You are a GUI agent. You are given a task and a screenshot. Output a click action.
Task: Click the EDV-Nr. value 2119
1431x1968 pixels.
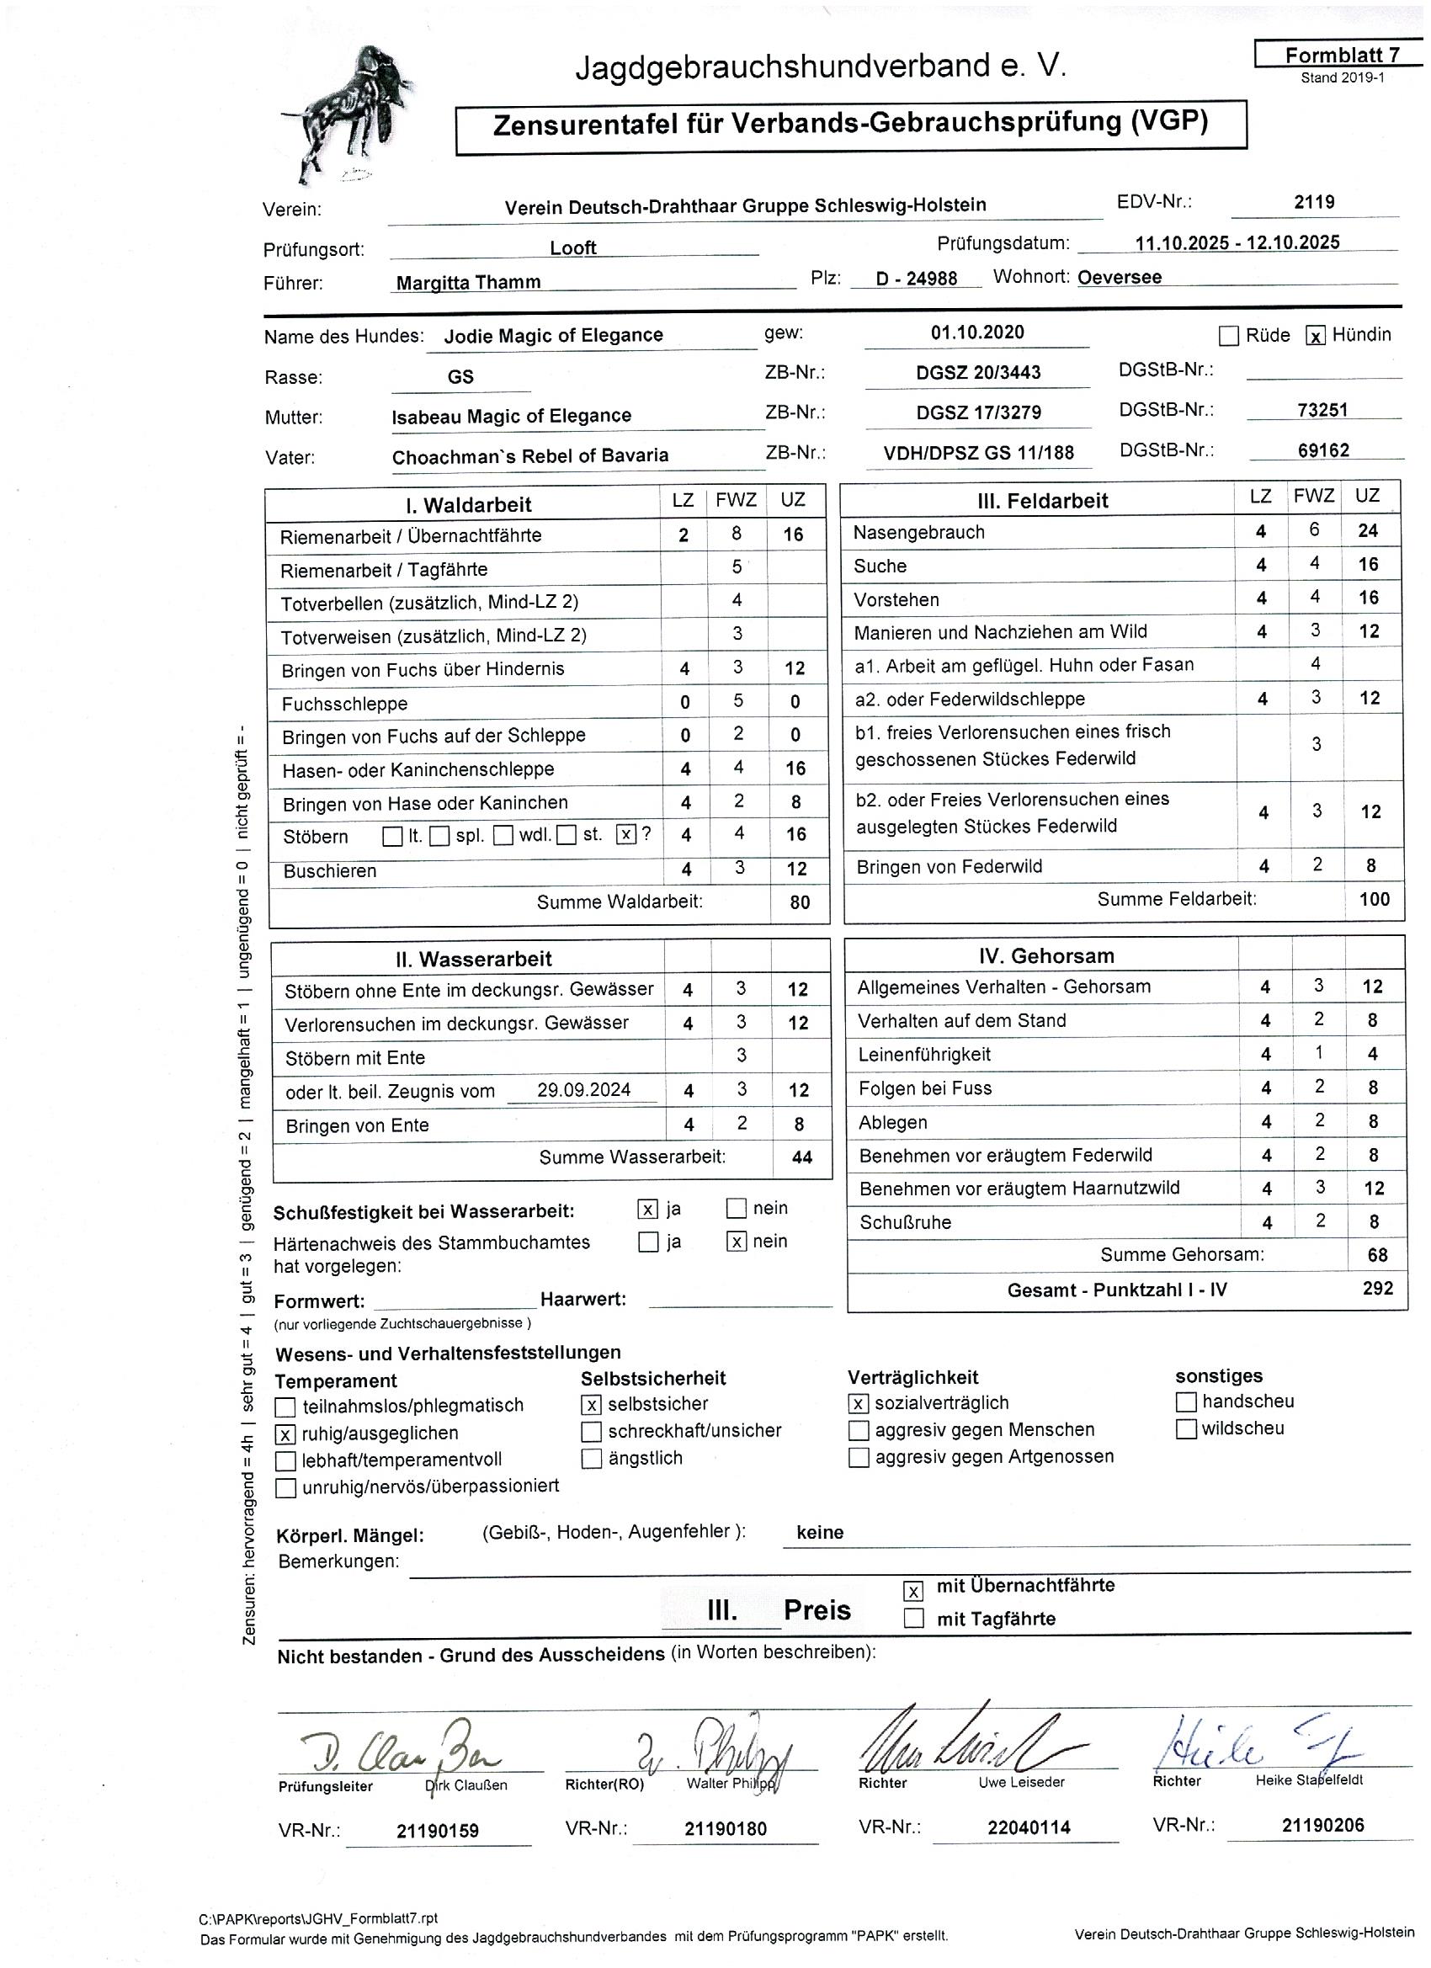pyautogui.click(x=1314, y=202)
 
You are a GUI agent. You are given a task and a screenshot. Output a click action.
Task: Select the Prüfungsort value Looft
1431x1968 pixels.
pyautogui.click(x=572, y=248)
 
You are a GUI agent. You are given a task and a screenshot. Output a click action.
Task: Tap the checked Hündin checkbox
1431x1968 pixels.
pyautogui.click(x=1316, y=337)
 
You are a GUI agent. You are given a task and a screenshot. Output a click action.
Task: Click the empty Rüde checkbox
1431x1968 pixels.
pyautogui.click(x=1229, y=337)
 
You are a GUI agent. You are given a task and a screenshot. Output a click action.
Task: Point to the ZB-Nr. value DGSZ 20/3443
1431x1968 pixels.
pyautogui.click(x=978, y=372)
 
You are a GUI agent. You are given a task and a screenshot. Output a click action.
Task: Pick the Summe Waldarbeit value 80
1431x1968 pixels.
pyautogui.click(x=799, y=902)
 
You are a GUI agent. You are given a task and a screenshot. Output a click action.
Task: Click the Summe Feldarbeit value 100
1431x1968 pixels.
pyautogui.click(x=1374, y=899)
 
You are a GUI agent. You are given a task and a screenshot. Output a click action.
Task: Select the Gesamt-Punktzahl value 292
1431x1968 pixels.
pyautogui.click(x=1377, y=1289)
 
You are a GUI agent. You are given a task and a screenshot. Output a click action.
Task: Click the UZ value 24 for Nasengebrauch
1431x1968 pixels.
pyautogui.click(x=1368, y=531)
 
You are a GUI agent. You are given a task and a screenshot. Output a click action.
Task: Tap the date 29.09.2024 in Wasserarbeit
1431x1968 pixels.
pyautogui.click(x=583, y=1090)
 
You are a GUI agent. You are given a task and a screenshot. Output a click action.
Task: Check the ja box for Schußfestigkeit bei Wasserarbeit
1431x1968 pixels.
pyautogui.click(x=647, y=1210)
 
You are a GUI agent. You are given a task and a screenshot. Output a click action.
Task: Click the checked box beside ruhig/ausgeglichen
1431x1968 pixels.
pyautogui.click(x=285, y=1434)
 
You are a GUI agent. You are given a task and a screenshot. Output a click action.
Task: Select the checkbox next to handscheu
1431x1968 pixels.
pyautogui.click(x=1186, y=1402)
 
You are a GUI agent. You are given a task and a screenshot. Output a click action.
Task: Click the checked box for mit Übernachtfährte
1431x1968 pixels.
pyautogui.click(x=913, y=1592)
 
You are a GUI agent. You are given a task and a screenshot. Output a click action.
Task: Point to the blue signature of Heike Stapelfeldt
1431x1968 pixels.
pyautogui.click(x=1250, y=1745)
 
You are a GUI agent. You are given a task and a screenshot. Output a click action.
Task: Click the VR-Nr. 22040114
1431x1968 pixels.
pyautogui.click(x=1029, y=1827)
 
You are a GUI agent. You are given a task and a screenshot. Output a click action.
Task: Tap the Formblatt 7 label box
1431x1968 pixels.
pyautogui.click(x=1342, y=56)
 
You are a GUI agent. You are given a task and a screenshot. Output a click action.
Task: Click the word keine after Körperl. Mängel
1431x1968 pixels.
pyautogui.click(x=819, y=1534)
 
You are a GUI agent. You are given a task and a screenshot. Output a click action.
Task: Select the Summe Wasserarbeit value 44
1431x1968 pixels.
pyautogui.click(x=802, y=1157)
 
